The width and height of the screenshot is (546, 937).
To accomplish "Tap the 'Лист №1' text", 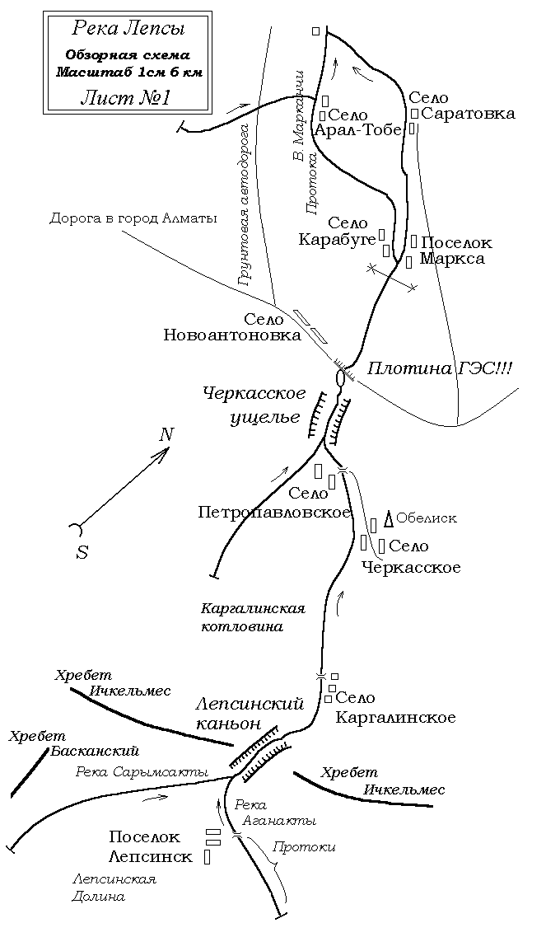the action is click(x=125, y=98).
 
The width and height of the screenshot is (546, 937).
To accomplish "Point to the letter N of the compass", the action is click(x=166, y=433).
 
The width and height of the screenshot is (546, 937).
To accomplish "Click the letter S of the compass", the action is click(x=82, y=553).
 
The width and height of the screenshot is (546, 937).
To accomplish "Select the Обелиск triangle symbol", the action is click(x=388, y=519).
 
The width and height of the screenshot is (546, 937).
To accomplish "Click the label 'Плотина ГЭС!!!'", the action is click(x=439, y=368).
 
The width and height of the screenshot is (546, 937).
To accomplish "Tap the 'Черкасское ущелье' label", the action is click(x=254, y=405).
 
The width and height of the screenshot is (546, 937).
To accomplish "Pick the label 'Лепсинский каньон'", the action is click(x=250, y=713).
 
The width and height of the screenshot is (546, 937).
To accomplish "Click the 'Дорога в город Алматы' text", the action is click(x=133, y=218).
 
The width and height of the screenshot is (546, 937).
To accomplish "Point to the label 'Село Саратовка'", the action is click(x=462, y=105).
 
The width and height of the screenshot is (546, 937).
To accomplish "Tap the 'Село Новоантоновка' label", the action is click(x=232, y=327).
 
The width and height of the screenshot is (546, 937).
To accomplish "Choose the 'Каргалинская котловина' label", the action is click(x=253, y=617).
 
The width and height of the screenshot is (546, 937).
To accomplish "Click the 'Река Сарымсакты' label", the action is click(x=142, y=771).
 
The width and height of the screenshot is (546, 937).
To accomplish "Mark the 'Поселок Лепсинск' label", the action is click(x=151, y=847).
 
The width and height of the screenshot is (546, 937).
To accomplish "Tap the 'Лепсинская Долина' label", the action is click(x=114, y=888).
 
